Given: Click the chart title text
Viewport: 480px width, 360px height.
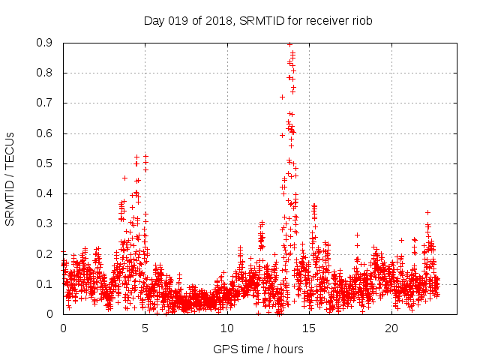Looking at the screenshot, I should pos(258,20).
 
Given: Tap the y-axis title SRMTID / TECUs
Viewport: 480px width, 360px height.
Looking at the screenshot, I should pos(10,178).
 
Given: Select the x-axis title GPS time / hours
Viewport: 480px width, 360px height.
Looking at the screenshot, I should pos(258,349).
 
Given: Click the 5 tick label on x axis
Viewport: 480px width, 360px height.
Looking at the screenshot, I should pos(145,328).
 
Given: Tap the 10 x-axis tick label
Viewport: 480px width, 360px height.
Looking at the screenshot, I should pos(227,328).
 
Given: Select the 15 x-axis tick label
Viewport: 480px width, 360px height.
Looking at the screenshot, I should pos(310,328).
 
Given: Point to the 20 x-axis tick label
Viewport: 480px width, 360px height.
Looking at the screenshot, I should pos(391,328).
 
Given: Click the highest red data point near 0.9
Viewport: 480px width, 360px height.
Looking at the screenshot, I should pos(290,44).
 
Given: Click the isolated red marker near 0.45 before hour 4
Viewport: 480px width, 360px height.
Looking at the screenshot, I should pos(124,178).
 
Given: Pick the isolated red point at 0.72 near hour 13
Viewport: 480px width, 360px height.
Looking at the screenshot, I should pos(282,97).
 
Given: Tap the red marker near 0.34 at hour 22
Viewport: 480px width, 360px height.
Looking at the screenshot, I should pos(427,212).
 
